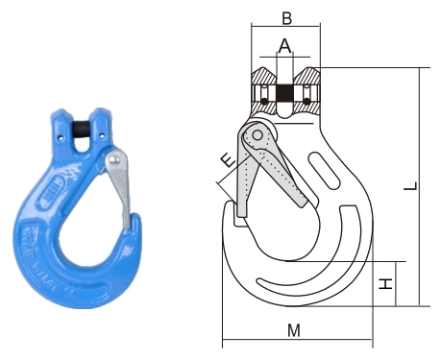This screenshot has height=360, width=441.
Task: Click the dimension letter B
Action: point(286,18)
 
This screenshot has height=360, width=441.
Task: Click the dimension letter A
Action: point(284,46)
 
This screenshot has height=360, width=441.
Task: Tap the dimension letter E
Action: point(229,160)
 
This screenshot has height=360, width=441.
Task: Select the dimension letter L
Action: point(411,186)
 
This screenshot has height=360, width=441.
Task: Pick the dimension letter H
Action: point(385,284)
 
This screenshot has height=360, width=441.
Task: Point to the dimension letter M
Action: point(294,330)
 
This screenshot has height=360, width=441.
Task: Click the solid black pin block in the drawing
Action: point(284,93)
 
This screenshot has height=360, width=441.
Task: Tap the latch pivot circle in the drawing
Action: point(257,135)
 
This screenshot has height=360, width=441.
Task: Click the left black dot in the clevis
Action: point(264,101)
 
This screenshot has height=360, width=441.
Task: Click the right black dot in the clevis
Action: point(306,101)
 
